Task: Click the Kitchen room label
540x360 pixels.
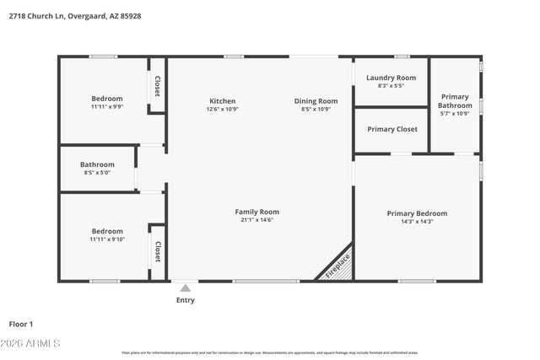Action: click(x=222, y=101)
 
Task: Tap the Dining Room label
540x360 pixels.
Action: click(x=316, y=101)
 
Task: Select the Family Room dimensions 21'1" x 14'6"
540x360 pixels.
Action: click(x=256, y=220)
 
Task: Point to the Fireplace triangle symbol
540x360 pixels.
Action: click(x=337, y=265)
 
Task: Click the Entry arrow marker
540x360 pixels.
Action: click(x=185, y=288)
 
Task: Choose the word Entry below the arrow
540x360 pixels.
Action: click(x=185, y=300)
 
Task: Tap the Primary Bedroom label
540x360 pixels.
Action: click(x=417, y=213)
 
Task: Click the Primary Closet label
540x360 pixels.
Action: click(x=391, y=129)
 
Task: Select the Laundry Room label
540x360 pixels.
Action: click(x=391, y=78)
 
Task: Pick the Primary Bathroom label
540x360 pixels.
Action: click(x=455, y=101)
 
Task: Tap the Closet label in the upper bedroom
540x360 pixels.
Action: click(x=157, y=86)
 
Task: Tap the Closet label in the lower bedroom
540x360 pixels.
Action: click(x=157, y=252)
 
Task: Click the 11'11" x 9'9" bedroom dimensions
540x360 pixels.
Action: click(x=107, y=107)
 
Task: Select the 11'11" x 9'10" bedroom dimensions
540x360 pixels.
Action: click(x=107, y=239)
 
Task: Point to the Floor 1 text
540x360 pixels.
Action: click(x=21, y=324)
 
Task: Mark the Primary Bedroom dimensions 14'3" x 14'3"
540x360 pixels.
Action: click(x=417, y=222)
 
